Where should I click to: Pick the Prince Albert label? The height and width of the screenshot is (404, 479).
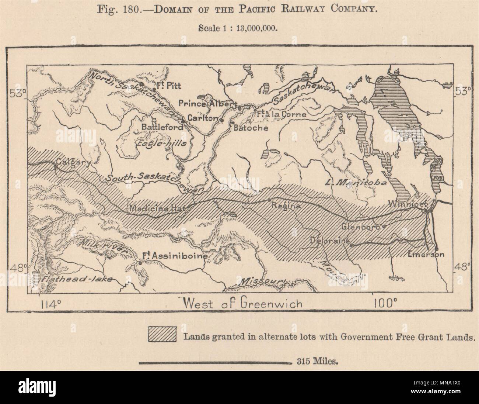pyautogui.click(x=207, y=104)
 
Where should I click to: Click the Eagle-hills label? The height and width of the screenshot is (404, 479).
pyautogui.click(x=162, y=143)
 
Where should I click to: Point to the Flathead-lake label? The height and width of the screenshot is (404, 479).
pyautogui.click(x=76, y=279)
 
